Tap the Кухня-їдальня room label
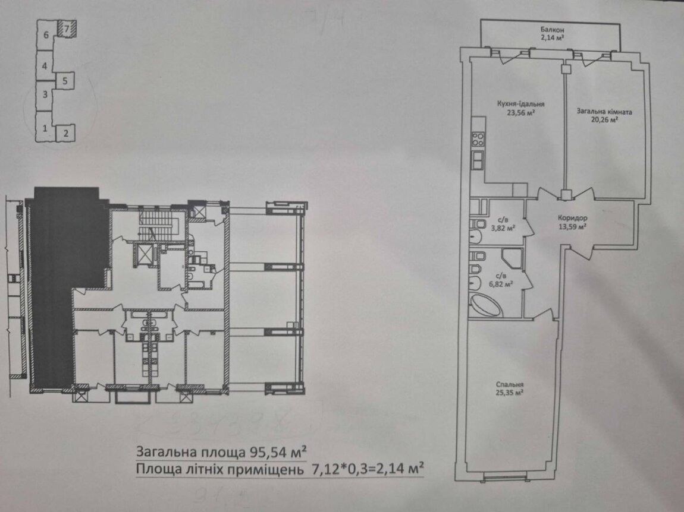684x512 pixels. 520,105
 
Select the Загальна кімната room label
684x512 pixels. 604,112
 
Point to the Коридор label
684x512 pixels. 572,218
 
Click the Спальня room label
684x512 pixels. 510,384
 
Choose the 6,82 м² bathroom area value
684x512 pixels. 503,283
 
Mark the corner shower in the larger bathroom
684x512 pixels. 512,260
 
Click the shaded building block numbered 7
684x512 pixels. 66,29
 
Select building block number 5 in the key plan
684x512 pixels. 65,81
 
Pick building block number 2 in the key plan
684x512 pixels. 65,133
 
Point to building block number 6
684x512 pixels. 46,34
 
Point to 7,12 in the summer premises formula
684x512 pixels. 323,469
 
